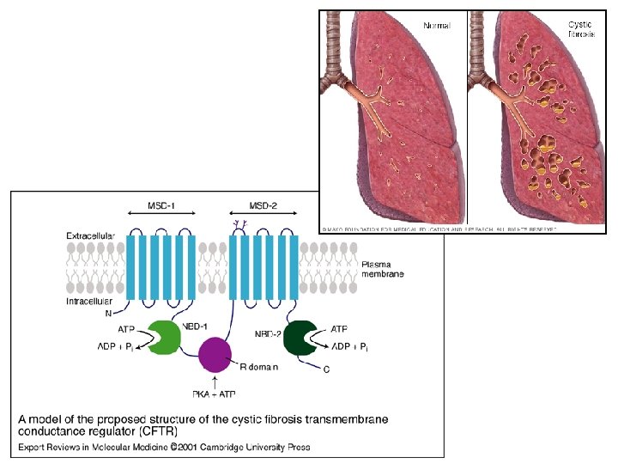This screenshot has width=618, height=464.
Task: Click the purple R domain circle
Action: (215, 353)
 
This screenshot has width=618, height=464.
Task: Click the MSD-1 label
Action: (161, 207)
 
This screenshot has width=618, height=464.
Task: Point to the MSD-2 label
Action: (264, 207)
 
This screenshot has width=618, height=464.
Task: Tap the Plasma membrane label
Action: (383, 269)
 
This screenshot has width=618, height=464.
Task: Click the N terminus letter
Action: (109, 314)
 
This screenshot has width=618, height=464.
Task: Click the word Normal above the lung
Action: (437, 25)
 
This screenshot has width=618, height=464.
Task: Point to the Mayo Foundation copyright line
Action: (439, 229)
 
